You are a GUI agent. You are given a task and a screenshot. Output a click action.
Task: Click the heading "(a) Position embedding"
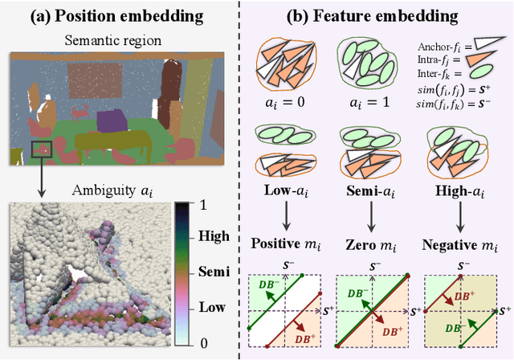pos(116,14)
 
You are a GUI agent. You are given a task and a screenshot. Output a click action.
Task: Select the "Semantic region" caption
pos(118,39)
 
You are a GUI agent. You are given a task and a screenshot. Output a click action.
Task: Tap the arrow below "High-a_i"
pos(459,217)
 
